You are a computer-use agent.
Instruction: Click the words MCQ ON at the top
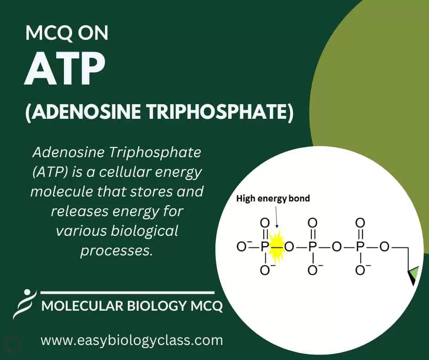67,33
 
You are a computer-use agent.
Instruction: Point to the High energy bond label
273,198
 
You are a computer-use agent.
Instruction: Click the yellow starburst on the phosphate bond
276,247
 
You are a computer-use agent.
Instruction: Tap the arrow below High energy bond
277,217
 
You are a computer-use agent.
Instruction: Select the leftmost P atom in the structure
264,247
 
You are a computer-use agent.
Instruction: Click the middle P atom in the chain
312,247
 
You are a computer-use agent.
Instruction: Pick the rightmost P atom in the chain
360,247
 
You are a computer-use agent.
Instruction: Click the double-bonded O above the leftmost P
265,223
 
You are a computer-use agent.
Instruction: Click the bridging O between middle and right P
336,247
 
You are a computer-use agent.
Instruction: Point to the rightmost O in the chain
384,247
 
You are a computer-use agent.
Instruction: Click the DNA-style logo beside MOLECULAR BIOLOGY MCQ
24,304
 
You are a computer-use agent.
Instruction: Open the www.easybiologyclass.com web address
132,340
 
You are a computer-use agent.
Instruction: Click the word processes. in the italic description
116,251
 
